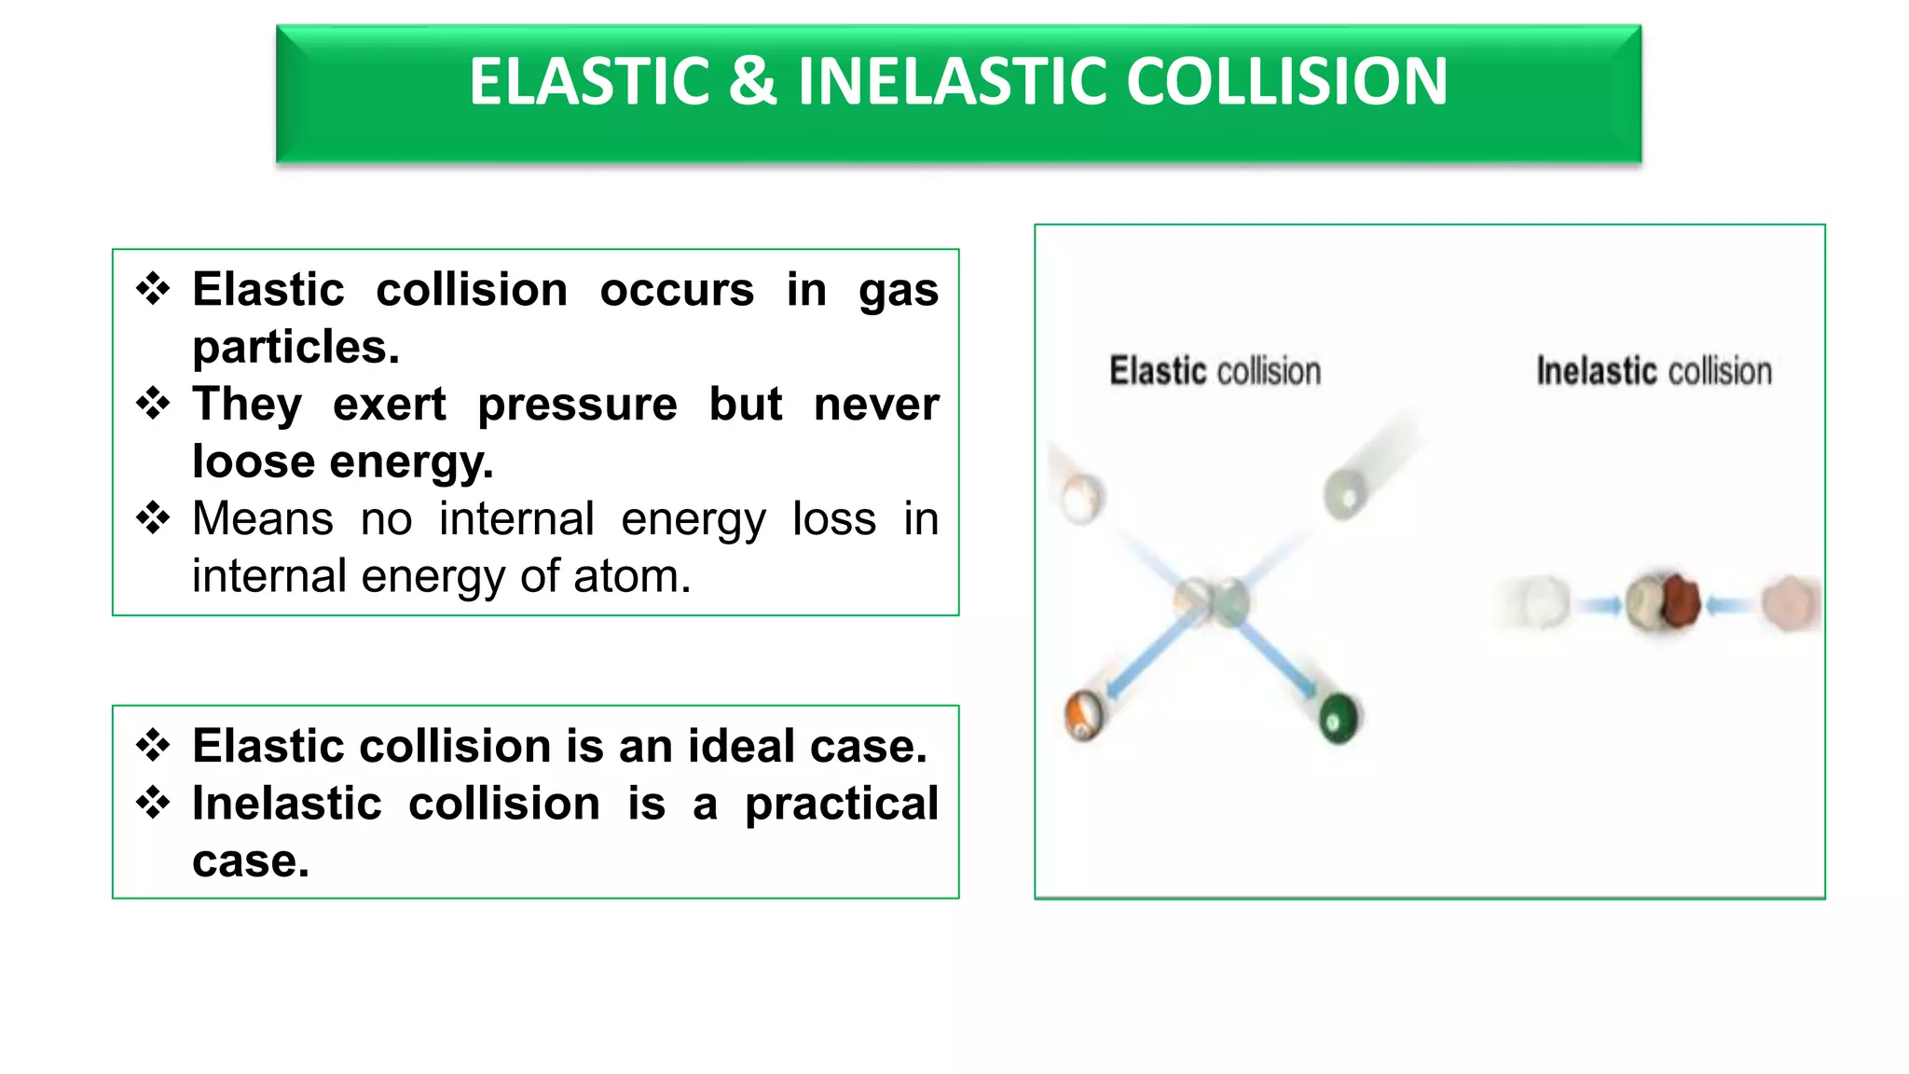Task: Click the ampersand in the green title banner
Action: (751, 82)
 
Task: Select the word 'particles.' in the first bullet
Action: (295, 348)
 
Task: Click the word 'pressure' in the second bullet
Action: (577, 405)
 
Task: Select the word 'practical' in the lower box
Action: (841, 804)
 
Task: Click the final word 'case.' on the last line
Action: (250, 861)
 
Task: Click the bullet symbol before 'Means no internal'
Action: (153, 518)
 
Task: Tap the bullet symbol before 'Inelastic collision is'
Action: (153, 803)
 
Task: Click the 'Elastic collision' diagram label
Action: (1215, 371)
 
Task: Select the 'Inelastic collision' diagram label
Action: (1654, 371)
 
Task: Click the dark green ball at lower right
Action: (1339, 719)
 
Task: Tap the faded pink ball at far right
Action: (1789, 603)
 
